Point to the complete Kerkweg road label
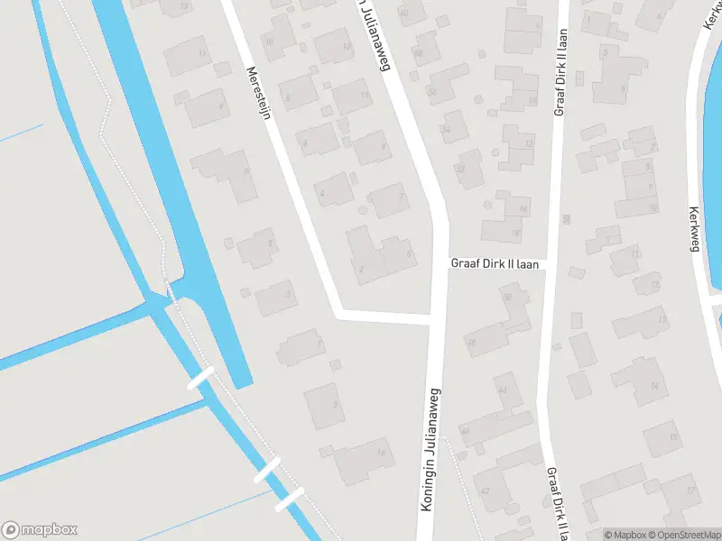coord(694,230)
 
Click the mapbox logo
coord(40,530)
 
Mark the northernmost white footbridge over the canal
coord(200,377)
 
